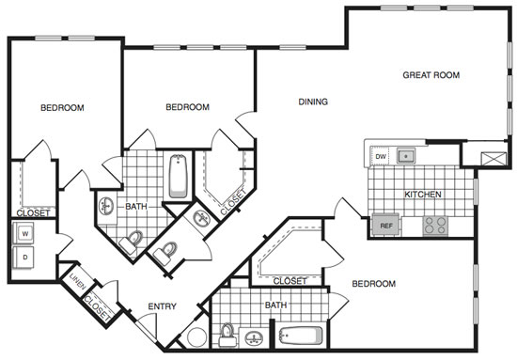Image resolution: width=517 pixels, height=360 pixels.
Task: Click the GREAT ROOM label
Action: [431, 75]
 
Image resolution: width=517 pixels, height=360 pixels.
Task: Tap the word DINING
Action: [313, 102]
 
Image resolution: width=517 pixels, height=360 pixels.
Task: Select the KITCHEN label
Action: [423, 195]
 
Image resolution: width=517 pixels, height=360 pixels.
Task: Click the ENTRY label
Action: [162, 306]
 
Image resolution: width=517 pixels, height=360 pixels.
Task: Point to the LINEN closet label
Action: [77, 281]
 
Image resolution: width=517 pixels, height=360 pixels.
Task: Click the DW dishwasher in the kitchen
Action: [380, 156]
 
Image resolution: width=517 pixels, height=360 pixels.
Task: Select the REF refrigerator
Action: [386, 226]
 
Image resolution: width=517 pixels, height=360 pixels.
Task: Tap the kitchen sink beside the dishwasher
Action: [406, 156]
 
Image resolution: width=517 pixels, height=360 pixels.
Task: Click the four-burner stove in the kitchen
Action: [435, 226]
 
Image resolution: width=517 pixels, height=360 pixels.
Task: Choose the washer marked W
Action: [23, 233]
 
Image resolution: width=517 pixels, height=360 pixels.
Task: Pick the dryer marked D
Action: [23, 258]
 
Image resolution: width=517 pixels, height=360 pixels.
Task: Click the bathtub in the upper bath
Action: [178, 176]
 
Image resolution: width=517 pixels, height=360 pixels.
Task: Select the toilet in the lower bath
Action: [227, 335]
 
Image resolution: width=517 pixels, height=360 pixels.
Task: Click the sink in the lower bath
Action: [254, 338]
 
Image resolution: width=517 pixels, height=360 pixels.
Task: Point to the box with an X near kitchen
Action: [493, 159]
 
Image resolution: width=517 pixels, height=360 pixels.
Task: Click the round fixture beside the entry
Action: [197, 337]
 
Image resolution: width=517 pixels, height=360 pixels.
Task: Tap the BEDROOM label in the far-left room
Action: [62, 108]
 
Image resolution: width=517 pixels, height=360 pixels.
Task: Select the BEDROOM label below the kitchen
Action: [374, 284]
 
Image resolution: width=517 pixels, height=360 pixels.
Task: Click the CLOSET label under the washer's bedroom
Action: [33, 213]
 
